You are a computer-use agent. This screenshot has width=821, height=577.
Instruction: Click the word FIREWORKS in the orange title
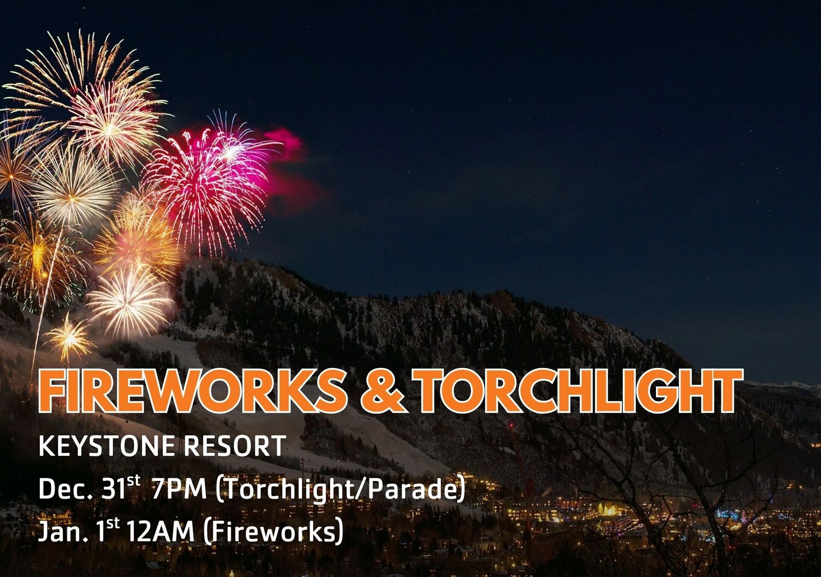(192, 390)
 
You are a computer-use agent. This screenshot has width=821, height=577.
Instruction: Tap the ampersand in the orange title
(382, 390)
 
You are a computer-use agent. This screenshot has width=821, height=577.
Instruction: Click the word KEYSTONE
(106, 446)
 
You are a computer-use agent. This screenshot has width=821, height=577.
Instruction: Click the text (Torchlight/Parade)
(340, 490)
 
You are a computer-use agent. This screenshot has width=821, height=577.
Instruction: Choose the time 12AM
(161, 532)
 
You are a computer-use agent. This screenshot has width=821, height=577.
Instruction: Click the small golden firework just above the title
(68, 338)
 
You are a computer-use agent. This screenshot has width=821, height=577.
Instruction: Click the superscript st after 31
(134, 481)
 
